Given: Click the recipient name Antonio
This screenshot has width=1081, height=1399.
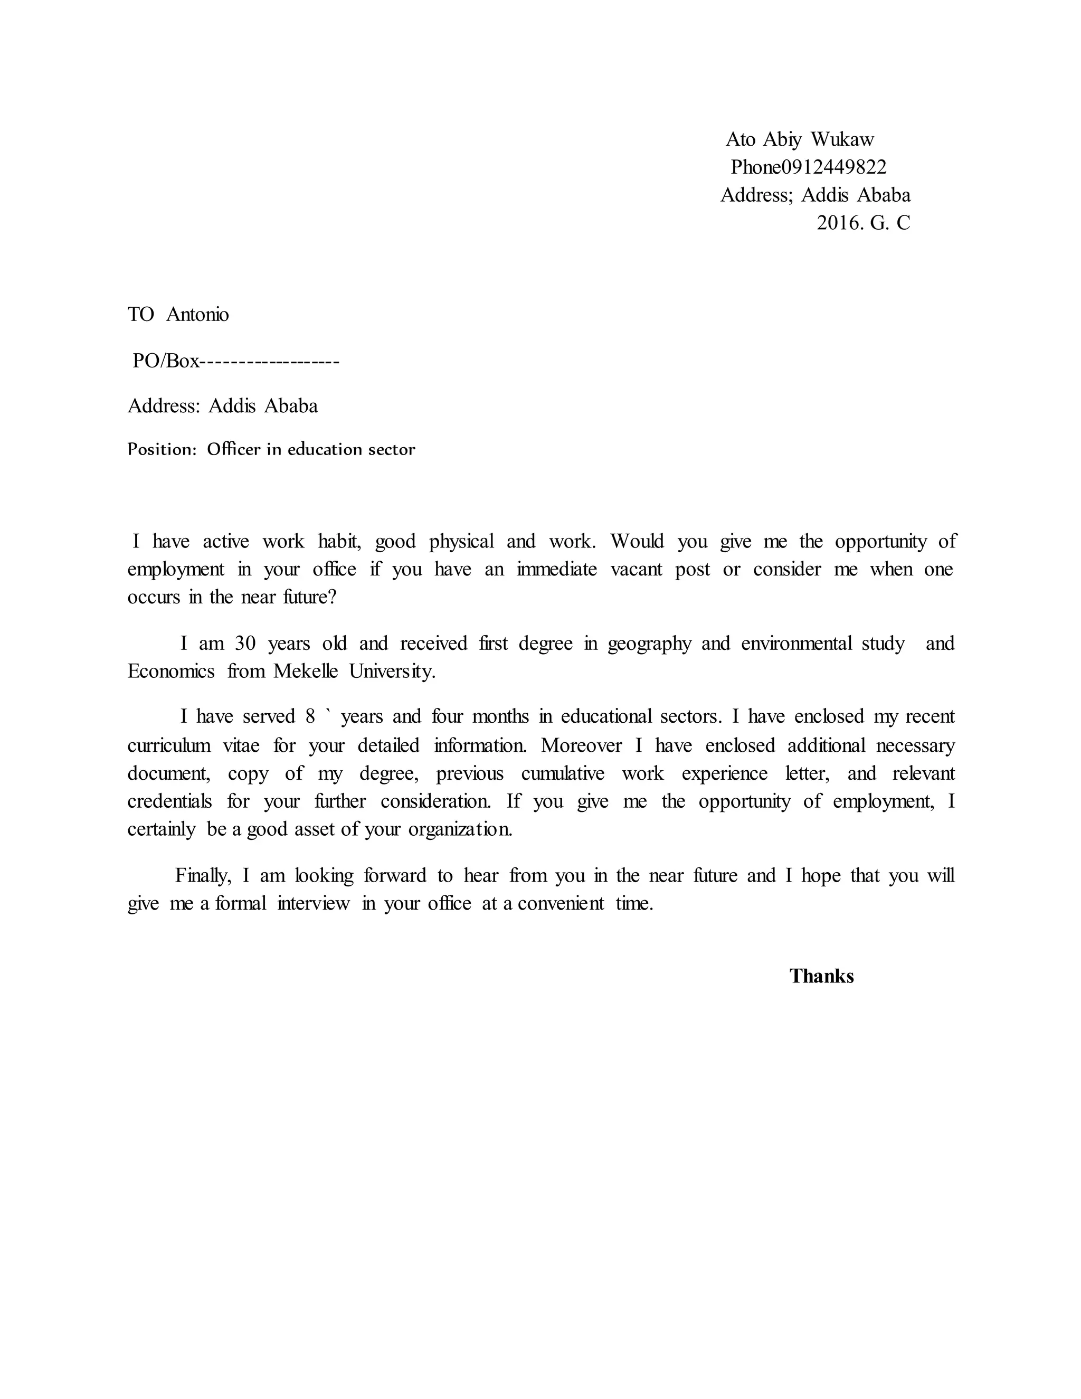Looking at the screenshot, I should click(x=197, y=315).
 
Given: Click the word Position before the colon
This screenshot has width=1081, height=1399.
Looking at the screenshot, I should click(x=159, y=450).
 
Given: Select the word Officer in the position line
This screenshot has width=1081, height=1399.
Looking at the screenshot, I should click(x=234, y=450).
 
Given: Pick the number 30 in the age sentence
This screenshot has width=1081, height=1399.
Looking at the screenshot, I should click(x=245, y=643).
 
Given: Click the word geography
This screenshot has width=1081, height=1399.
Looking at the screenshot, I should click(x=649, y=643).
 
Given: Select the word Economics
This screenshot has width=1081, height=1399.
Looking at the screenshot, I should click(x=171, y=672).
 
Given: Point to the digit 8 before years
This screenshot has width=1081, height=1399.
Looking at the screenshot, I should click(x=310, y=716).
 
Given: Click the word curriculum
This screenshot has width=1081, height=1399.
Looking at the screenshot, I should click(x=169, y=745).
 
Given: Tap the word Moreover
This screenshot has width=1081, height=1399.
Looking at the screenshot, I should click(x=582, y=745).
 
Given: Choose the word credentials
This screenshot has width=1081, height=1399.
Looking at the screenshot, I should click(x=170, y=801).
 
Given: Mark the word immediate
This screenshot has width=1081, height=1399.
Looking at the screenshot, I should click(x=556, y=570).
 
